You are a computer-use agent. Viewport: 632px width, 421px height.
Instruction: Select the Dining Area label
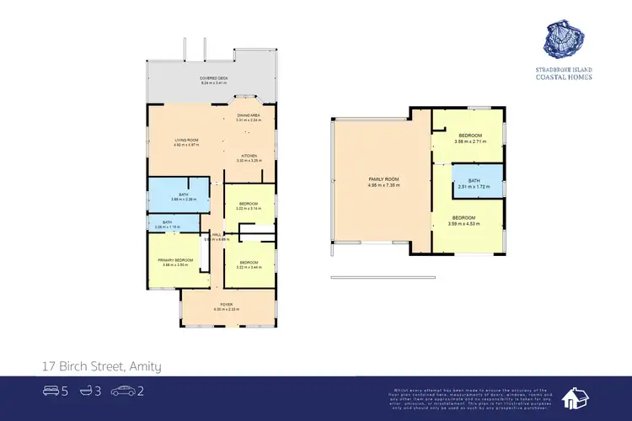click(x=248, y=117)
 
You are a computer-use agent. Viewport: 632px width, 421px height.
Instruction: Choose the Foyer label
click(x=227, y=306)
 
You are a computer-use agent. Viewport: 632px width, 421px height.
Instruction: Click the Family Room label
click(x=383, y=181)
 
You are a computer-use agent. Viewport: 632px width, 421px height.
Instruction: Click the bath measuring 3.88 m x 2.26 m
click(x=178, y=196)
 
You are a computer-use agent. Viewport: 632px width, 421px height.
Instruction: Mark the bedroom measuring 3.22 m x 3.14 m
click(x=249, y=205)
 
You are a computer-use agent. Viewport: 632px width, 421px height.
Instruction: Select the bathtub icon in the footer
click(x=86, y=390)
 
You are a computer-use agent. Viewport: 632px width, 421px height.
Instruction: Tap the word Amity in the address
click(x=143, y=366)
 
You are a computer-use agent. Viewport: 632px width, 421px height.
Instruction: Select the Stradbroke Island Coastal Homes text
click(x=563, y=72)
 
